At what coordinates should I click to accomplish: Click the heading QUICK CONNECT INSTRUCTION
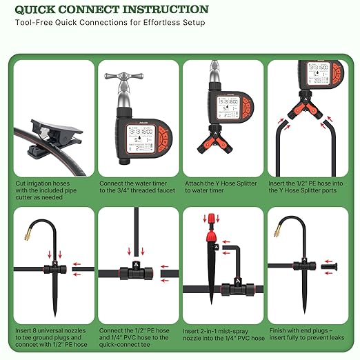pyautogui.click(x=111, y=10)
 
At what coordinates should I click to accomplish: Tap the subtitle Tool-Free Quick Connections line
pyautogui.click(x=110, y=23)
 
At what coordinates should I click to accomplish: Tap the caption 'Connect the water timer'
pyautogui.click(x=136, y=188)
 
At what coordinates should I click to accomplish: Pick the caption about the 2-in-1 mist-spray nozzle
pyautogui.click(x=222, y=335)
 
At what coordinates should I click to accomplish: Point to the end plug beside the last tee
pyautogui.click(x=334, y=266)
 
